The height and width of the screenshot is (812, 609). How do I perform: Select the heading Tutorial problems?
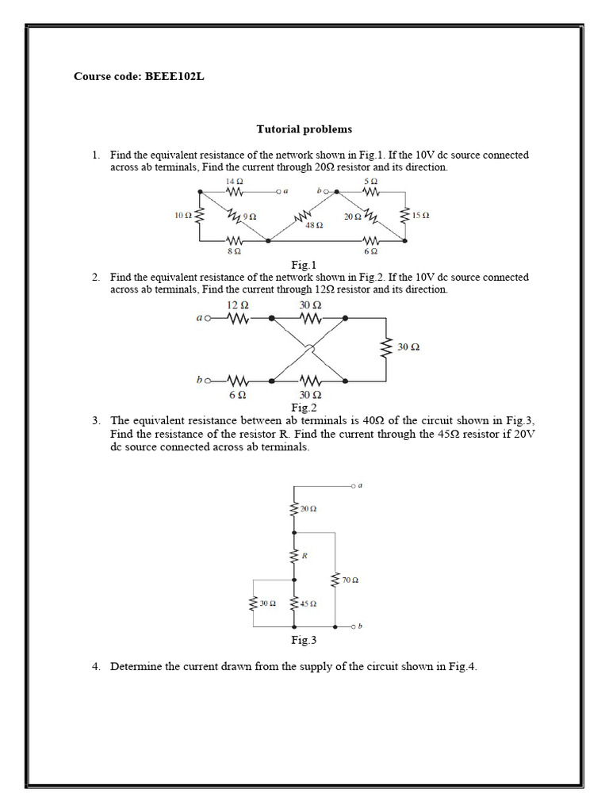point(304,128)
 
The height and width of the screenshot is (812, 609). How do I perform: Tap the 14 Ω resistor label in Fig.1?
point(235,181)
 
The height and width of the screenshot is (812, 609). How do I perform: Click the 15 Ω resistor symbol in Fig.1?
point(404,215)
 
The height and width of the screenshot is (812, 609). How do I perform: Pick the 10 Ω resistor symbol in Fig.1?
point(199,215)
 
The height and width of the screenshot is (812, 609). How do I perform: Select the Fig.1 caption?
point(304,264)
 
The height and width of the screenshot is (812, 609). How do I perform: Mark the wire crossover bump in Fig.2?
point(310,349)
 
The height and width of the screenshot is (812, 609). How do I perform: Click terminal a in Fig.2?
point(207,320)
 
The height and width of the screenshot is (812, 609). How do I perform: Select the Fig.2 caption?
point(304,408)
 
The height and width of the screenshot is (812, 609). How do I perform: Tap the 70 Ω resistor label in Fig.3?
point(350,581)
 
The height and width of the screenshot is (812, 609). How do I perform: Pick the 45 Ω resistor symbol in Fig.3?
point(294,603)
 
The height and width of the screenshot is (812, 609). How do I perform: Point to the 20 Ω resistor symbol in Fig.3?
point(294,508)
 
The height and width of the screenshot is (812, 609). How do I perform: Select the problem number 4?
point(95,667)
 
